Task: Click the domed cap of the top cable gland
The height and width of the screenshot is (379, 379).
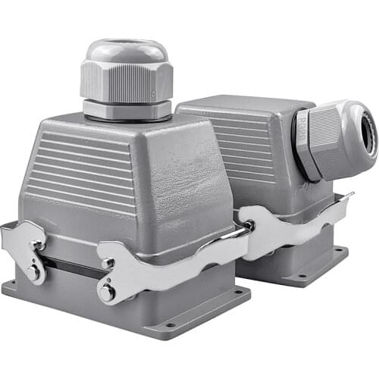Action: (x=126, y=51)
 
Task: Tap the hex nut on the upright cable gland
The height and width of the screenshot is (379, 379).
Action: (x=126, y=82)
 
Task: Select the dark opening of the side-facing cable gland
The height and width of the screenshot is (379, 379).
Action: (x=370, y=137)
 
